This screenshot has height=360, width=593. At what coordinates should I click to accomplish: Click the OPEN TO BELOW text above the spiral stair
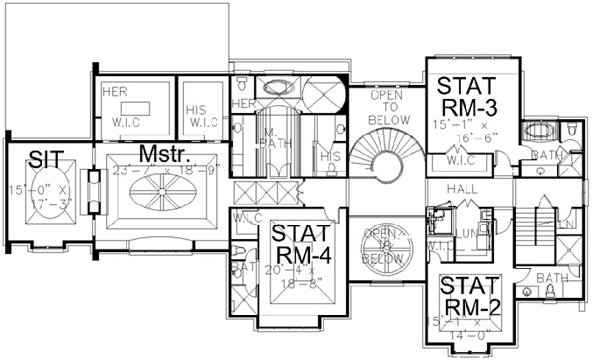tap(383, 105)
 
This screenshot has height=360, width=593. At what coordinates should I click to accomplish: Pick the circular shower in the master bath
tap(321, 97)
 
